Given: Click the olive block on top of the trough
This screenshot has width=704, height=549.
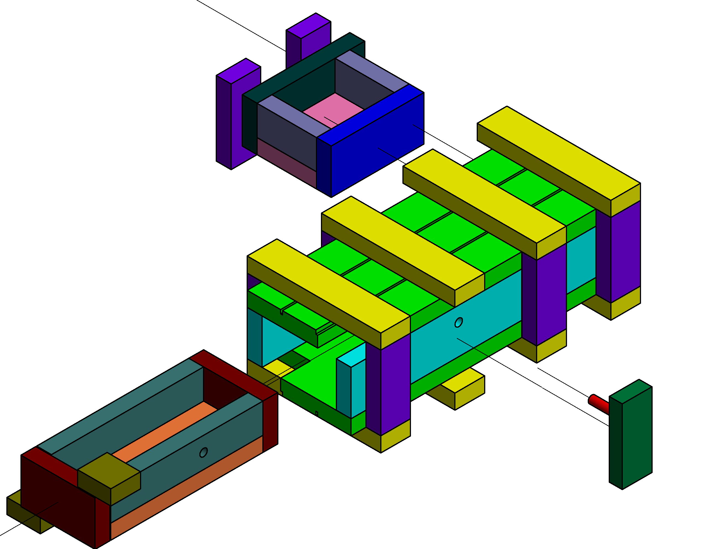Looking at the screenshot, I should [110, 470].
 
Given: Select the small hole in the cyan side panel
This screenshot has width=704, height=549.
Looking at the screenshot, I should [458, 322].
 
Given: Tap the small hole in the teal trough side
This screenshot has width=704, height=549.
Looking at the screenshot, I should [203, 452].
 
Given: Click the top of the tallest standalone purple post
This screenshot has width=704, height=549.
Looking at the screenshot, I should [309, 25].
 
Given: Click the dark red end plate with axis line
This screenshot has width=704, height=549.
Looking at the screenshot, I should [58, 499].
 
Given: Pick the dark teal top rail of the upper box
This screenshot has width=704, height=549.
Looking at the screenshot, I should [303, 68].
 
